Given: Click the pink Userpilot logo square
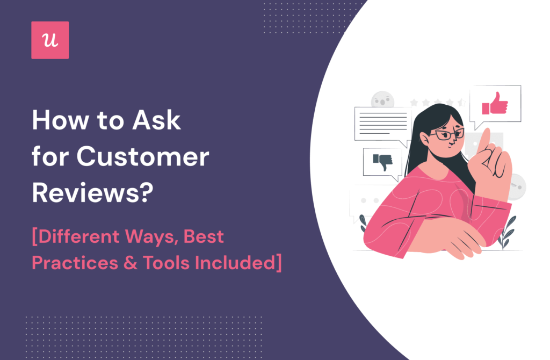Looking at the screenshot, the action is [x=50, y=40].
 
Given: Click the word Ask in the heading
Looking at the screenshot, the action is [x=156, y=120].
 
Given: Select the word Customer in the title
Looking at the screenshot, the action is [x=143, y=157].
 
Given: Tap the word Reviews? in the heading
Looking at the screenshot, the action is [x=93, y=193].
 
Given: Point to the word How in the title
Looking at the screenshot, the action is [x=61, y=120].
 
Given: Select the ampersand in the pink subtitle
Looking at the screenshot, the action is [x=130, y=263].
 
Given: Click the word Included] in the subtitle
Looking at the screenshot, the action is [x=238, y=263].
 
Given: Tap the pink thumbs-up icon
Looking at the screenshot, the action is [x=495, y=104].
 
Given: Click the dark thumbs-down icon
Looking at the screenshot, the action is [x=382, y=162].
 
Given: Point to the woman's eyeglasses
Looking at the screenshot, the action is [x=447, y=134].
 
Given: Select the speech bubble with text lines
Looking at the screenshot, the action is [x=383, y=125].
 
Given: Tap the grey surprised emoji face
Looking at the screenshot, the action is [x=382, y=99].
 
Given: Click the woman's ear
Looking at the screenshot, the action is [x=424, y=138].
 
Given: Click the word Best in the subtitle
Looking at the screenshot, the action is [x=204, y=236].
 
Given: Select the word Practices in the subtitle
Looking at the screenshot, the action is [x=75, y=263].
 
